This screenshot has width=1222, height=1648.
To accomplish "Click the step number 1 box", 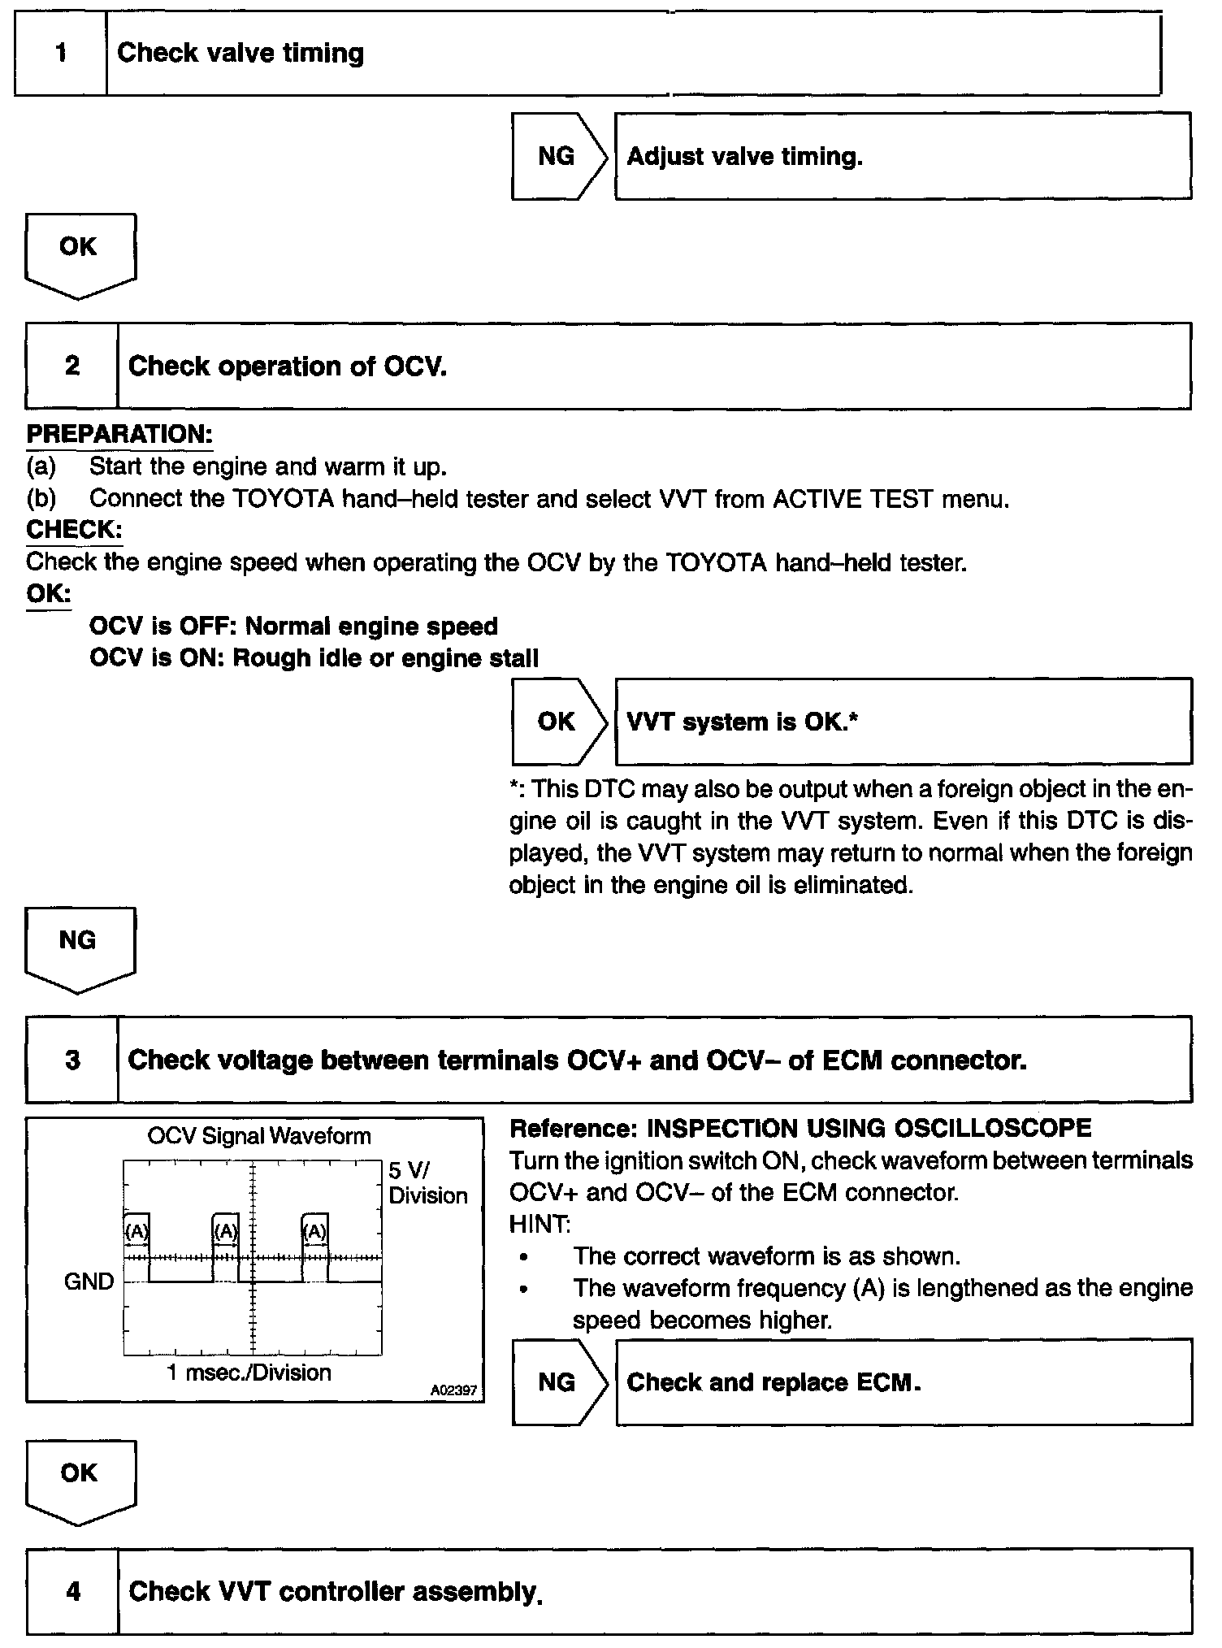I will click(x=61, y=54).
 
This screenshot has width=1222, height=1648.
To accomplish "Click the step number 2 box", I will click(x=72, y=366).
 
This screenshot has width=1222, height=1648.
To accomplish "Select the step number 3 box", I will click(x=72, y=1060).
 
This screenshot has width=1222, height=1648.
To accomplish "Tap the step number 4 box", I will click(x=73, y=1590).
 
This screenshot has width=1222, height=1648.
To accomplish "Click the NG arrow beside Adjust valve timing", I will click(x=558, y=156).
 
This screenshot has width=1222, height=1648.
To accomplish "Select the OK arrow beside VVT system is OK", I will click(x=558, y=722).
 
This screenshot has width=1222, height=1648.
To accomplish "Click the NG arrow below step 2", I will click(x=79, y=945).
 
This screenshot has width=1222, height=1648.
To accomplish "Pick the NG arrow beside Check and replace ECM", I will click(x=558, y=1382).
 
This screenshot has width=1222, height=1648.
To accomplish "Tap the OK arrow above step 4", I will click(x=80, y=1478).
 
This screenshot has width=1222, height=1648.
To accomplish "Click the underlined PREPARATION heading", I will click(x=119, y=435).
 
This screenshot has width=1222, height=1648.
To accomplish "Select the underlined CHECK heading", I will click(x=74, y=530).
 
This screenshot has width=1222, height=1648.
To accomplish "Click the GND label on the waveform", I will click(x=89, y=1282).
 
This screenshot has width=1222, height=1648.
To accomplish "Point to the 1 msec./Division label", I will click(x=249, y=1373).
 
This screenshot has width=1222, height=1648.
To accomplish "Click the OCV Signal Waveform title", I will click(x=258, y=1136).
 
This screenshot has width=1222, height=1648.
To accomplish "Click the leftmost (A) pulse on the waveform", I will click(x=136, y=1232).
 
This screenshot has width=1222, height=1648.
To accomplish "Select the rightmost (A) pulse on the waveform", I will click(x=314, y=1232).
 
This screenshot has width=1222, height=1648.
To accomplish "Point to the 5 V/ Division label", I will click(x=427, y=1183).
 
